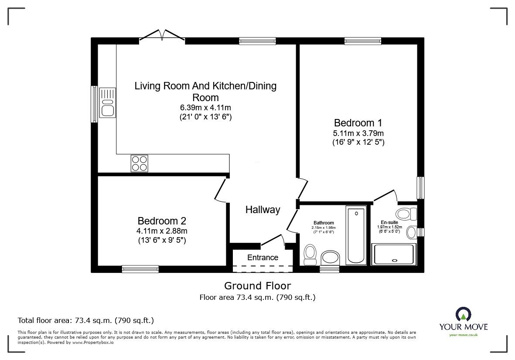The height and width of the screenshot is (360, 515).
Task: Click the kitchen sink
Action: (107, 102)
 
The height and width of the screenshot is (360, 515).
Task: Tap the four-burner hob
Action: (139, 163)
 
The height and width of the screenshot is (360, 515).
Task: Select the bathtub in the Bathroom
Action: (356, 235)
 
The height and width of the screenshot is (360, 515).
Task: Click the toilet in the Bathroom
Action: (310, 255)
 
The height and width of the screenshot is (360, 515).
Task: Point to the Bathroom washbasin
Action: (330, 258)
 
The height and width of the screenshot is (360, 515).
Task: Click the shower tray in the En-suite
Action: (394, 255)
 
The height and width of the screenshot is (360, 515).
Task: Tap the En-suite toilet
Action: (406, 214)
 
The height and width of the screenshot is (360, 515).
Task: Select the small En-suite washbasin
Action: (412, 232)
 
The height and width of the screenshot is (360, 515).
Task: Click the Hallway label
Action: (263, 210)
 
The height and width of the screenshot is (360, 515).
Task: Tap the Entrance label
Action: (263, 258)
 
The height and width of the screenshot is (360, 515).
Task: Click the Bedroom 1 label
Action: (358, 123)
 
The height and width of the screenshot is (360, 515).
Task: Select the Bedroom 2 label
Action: (162, 221)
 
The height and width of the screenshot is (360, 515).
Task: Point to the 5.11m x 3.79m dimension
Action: (358, 133)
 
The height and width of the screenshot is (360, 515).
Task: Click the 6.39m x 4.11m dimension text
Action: (205, 108)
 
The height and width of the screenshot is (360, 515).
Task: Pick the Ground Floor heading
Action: (257, 286)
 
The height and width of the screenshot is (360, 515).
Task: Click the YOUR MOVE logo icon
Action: (464, 314)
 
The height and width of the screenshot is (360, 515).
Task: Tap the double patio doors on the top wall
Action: (162, 35)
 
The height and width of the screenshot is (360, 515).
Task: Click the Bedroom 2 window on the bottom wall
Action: (140, 269)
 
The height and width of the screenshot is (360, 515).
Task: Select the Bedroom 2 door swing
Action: (221, 190)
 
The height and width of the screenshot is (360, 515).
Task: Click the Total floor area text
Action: (86, 320)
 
